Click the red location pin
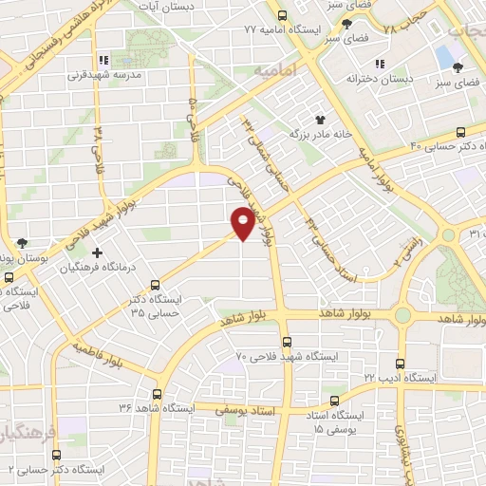(243, 222)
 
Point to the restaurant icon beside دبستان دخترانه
(380, 64)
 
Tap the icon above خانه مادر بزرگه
(320, 119)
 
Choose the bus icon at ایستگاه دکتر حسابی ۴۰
(460, 132)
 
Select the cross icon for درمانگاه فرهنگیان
(97, 252)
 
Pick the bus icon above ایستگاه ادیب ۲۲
(400, 363)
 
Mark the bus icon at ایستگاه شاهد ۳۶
(157, 393)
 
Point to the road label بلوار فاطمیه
(101, 354)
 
